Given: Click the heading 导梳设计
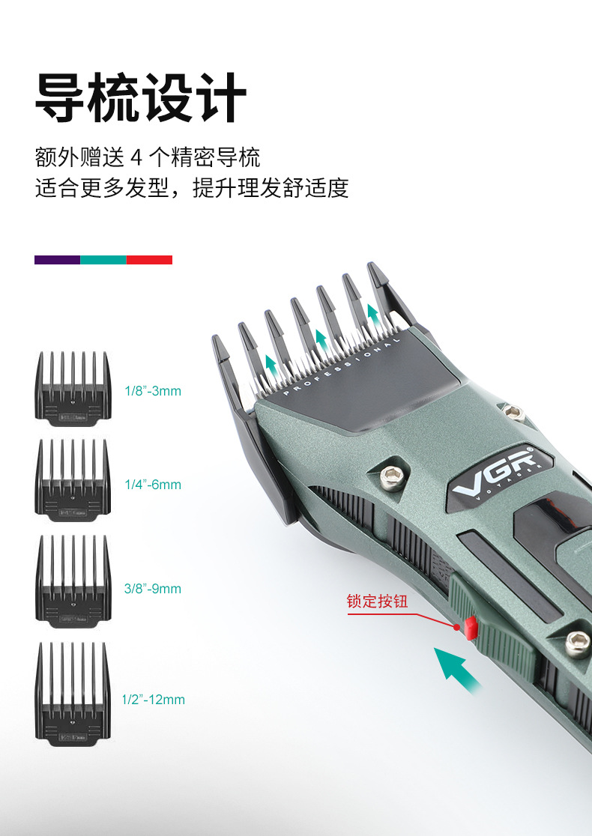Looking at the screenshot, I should click(x=141, y=97).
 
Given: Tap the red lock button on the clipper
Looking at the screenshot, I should click(x=469, y=628).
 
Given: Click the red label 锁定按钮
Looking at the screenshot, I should click(x=377, y=602).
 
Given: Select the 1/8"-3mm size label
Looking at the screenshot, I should click(x=153, y=391).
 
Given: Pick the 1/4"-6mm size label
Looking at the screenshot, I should click(x=153, y=485).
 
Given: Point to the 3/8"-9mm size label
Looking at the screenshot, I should click(x=153, y=589).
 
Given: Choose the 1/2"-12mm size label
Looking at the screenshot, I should click(x=154, y=700).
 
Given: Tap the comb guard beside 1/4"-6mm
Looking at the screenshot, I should click(x=73, y=479).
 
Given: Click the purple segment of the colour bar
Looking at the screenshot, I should click(x=57, y=260).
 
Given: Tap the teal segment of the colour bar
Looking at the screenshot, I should click(x=103, y=260).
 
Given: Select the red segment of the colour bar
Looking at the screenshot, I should click(x=149, y=260).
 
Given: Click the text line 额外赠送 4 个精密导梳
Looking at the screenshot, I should click(x=148, y=158).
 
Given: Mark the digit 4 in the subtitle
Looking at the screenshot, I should click(x=136, y=158).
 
